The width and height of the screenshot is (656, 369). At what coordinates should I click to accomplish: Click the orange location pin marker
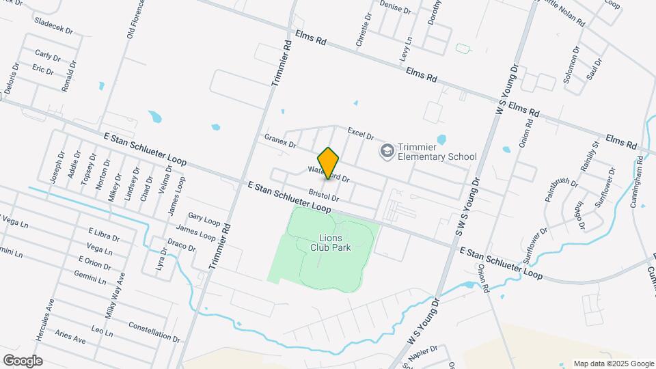tap(329, 163)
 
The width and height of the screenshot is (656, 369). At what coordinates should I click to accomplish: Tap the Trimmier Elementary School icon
tap(387, 150)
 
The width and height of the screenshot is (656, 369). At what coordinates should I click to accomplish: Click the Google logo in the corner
tap(23, 360)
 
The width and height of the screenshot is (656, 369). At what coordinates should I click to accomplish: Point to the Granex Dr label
tap(280, 141)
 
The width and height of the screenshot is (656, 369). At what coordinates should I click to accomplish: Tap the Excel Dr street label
tap(361, 133)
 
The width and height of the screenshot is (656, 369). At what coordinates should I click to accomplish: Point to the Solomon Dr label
tap(571, 64)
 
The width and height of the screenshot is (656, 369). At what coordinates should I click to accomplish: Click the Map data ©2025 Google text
tap(614, 364)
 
